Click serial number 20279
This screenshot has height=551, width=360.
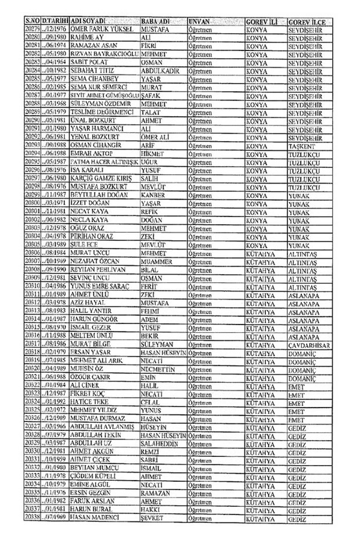coord(32,28)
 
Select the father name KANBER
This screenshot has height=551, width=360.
coord(153,195)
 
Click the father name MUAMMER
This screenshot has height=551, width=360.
coord(156,262)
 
